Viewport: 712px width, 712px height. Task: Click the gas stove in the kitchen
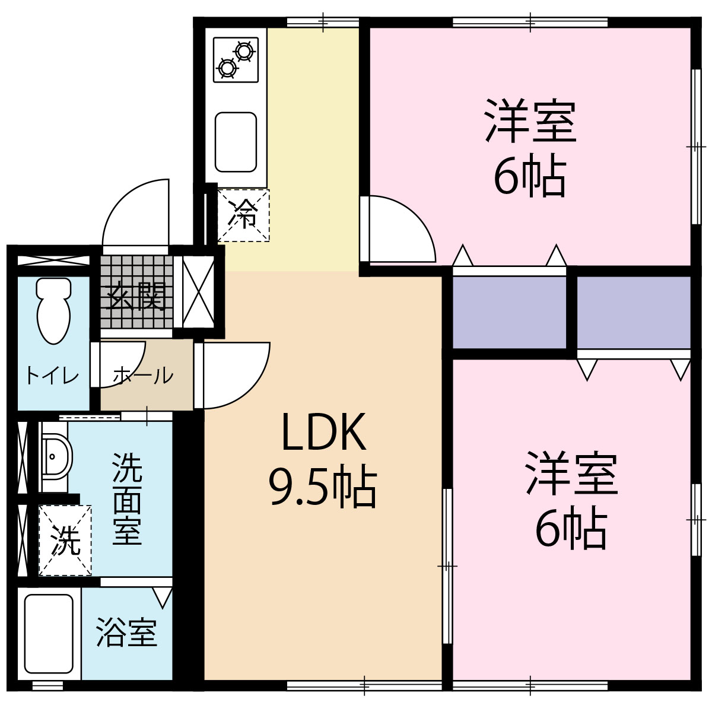coord(236,59)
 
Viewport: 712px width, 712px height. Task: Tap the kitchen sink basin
coord(236,141)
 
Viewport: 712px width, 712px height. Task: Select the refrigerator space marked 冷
coord(243,215)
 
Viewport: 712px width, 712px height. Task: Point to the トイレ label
coord(52,376)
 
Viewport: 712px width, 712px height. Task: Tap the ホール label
coord(143,376)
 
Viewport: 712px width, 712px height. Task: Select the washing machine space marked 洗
coord(65,540)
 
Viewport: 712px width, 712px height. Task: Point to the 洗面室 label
coord(127,499)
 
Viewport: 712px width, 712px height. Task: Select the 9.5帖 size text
coord(323,488)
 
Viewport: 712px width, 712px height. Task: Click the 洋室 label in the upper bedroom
coord(530,122)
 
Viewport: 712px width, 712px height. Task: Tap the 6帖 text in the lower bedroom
coord(571,528)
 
